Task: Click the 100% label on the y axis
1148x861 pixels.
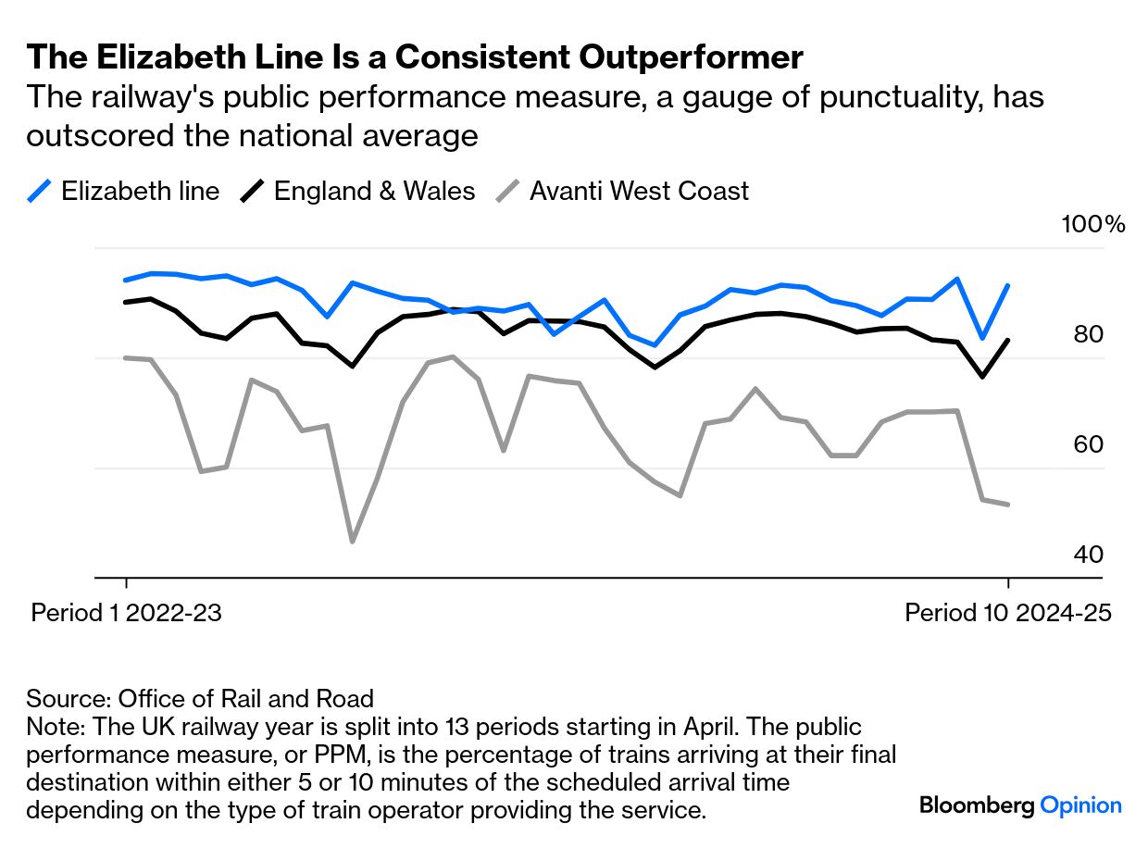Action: click(1093, 225)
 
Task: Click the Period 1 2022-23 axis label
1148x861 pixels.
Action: click(127, 613)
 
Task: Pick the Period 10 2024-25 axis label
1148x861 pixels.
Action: click(1007, 613)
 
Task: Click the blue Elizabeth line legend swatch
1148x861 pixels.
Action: click(39, 192)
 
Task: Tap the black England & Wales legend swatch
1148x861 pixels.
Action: click(252, 192)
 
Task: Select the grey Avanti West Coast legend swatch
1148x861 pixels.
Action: click(508, 192)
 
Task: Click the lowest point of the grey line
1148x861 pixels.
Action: click(352, 542)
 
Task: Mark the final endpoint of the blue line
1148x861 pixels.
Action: click(1007, 286)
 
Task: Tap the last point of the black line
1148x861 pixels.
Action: click(1007, 340)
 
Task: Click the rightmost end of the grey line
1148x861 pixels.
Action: click(1007, 505)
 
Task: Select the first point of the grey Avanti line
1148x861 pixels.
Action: click(125, 357)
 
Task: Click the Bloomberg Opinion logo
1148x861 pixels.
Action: click(1020, 805)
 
